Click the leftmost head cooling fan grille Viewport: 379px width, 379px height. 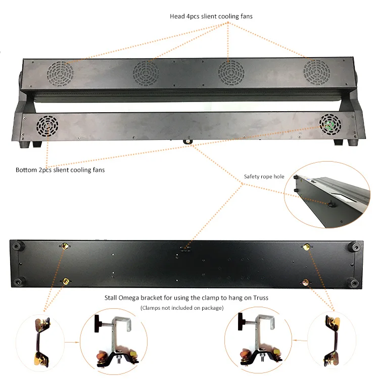pos(61,73)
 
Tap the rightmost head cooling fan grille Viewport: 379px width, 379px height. pos(317,72)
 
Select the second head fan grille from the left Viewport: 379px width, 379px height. pos(146,73)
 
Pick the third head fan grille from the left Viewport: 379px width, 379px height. pos(231,73)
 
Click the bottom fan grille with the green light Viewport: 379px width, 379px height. pos(330,125)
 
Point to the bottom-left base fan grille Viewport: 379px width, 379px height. pos(48,126)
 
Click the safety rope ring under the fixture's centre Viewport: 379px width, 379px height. pos(187,141)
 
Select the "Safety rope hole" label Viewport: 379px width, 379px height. pos(264,176)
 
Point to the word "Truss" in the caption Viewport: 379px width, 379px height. pos(261,298)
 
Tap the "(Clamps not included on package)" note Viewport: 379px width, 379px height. pos(182,308)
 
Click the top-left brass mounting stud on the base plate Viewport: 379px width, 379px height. pos(65,246)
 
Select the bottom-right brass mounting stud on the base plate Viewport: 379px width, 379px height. pos(306,282)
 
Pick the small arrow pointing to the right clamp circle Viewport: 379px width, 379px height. pos(300,340)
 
